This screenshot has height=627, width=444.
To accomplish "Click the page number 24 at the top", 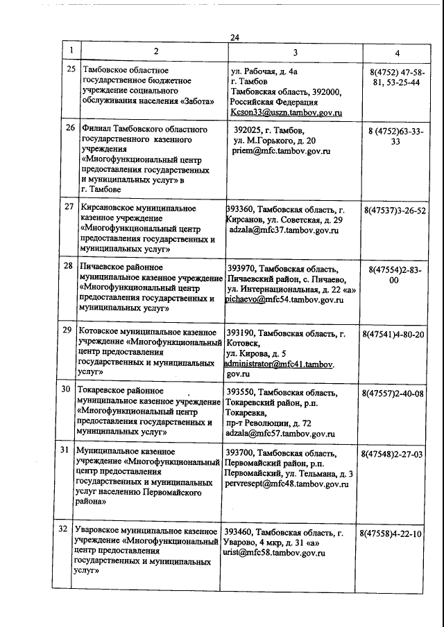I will click(234, 39).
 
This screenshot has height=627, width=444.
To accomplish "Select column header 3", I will click(295, 52).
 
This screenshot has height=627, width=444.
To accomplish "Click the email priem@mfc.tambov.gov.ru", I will click(282, 150).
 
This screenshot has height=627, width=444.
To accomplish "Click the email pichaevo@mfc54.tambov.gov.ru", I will click(285, 300).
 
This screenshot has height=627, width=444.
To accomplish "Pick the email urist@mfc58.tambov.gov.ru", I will click(274, 554).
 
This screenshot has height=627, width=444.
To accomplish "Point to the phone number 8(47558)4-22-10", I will click(393, 534).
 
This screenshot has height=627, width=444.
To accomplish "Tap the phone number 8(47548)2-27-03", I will click(393, 454).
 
